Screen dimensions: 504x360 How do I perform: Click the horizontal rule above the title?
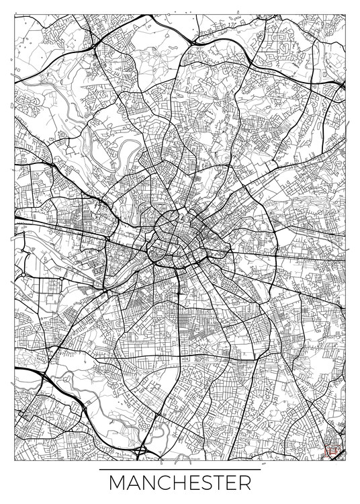179,469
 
